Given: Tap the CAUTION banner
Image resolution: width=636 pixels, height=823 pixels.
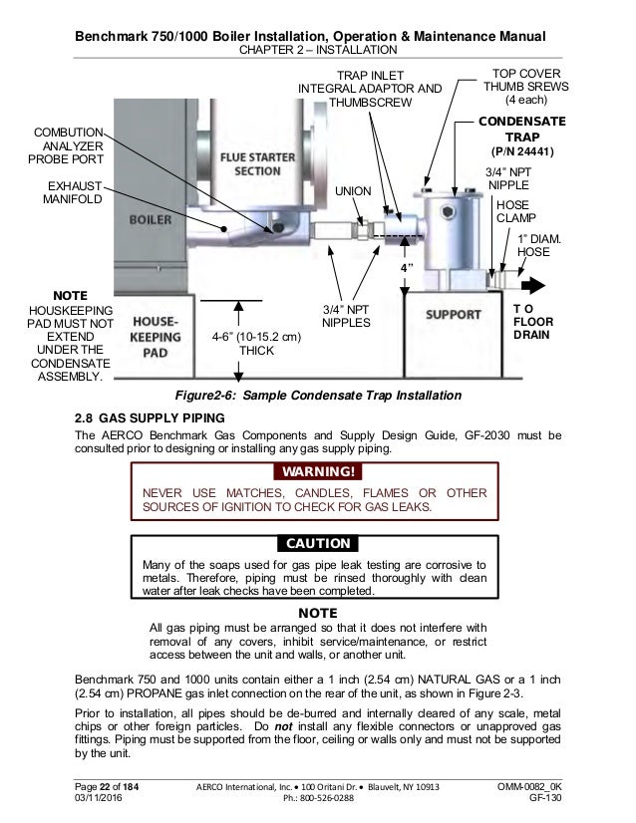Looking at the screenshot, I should (318, 544).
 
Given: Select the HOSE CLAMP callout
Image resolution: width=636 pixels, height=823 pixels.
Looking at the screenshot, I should (513, 212).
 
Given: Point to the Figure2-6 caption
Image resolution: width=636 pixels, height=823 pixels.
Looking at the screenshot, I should (317, 396).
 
